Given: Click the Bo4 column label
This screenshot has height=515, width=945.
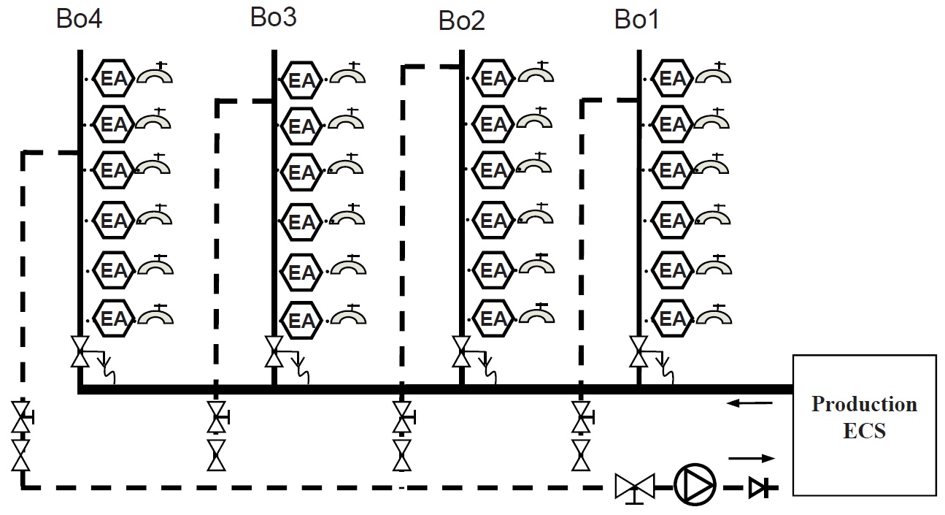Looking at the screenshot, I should click(80, 19).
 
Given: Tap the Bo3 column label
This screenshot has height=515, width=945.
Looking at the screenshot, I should click(273, 18).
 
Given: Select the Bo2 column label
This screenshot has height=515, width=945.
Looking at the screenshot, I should click(461, 21).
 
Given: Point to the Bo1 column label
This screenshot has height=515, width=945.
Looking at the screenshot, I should click(637, 20).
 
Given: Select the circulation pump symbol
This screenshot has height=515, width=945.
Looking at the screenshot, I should click(694, 484).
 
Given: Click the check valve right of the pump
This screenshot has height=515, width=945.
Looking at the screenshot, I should click(756, 486).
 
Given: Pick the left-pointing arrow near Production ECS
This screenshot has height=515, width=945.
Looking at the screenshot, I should click(749, 403).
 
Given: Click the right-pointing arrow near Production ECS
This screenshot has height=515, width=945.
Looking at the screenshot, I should click(751, 459).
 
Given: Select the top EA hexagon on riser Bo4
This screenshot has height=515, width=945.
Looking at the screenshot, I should click(114, 77).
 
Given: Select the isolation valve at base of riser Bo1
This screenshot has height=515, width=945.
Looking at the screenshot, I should click(639, 351).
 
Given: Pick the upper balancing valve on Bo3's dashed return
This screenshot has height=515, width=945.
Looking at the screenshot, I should click(216, 418).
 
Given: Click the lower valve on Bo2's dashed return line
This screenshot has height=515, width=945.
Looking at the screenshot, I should click(401, 454).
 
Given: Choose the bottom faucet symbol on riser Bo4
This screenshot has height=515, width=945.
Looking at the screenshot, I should click(154, 315).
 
